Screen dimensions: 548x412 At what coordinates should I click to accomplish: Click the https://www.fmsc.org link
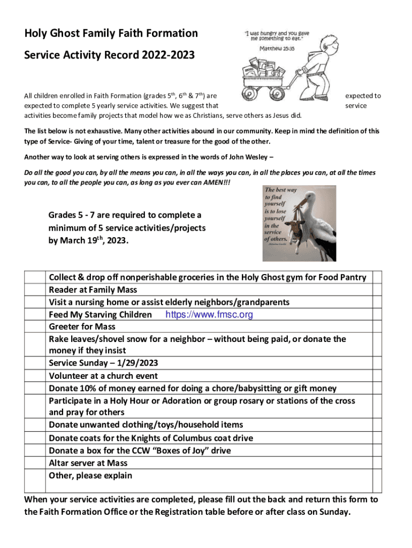coord(209,315)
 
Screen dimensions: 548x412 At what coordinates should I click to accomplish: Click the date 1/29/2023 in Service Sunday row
coord(133,363)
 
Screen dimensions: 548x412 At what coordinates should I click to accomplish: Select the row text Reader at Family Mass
coord(93,290)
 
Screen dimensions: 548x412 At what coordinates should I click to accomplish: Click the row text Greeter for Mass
coord(82,326)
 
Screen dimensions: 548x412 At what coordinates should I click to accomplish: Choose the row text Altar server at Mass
coord(88,463)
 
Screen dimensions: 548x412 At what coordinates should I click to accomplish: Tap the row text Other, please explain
coord(90,476)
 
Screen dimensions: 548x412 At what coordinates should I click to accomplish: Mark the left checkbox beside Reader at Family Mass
coord(35,290)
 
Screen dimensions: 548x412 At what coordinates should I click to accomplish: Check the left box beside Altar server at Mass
coord(35,463)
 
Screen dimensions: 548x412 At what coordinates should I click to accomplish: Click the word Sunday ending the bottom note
coord(334,512)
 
